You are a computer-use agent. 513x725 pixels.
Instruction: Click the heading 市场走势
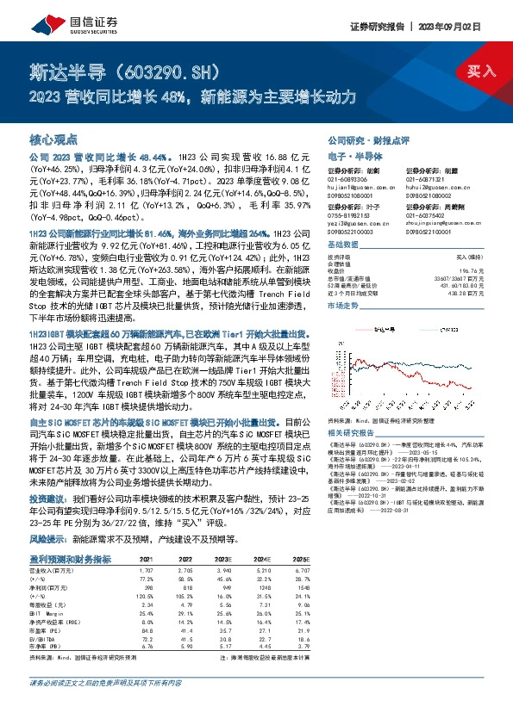[344, 305]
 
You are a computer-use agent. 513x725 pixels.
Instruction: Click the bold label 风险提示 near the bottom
[48, 537]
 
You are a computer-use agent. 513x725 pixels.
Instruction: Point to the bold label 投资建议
[48, 499]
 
